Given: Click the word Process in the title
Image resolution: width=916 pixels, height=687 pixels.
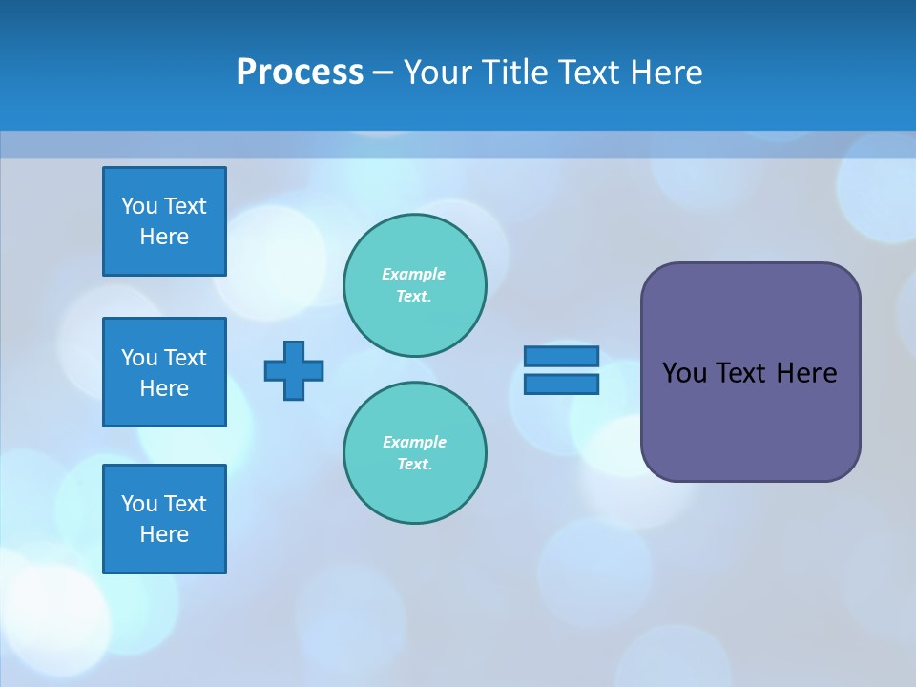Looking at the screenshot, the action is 300,73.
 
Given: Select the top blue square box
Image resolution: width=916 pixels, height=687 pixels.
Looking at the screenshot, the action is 164,221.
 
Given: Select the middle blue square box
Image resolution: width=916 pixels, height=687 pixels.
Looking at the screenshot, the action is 164,372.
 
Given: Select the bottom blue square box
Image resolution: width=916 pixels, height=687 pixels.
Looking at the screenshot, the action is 164,519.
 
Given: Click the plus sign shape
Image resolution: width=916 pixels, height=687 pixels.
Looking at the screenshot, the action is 294,370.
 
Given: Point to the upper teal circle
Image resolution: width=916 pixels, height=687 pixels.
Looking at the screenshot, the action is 415,285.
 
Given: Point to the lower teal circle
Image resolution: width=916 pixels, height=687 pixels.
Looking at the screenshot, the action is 415,453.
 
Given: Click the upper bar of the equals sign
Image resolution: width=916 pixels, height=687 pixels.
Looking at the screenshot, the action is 561,356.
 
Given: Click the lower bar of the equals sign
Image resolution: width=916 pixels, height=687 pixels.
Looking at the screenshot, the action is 561,385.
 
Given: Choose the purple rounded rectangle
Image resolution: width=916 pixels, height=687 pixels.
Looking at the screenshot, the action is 750,372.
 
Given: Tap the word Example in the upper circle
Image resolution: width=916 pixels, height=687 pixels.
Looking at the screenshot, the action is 413,274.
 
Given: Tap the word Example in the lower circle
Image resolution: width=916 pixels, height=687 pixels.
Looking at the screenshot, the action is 414,442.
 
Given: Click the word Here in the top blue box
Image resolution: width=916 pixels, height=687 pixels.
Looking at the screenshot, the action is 164,237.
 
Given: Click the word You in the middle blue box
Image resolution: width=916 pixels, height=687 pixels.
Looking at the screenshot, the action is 138,358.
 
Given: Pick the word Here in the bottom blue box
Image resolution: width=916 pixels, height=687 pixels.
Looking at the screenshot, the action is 164,534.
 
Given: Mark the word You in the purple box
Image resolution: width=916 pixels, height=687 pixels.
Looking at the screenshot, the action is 683,373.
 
